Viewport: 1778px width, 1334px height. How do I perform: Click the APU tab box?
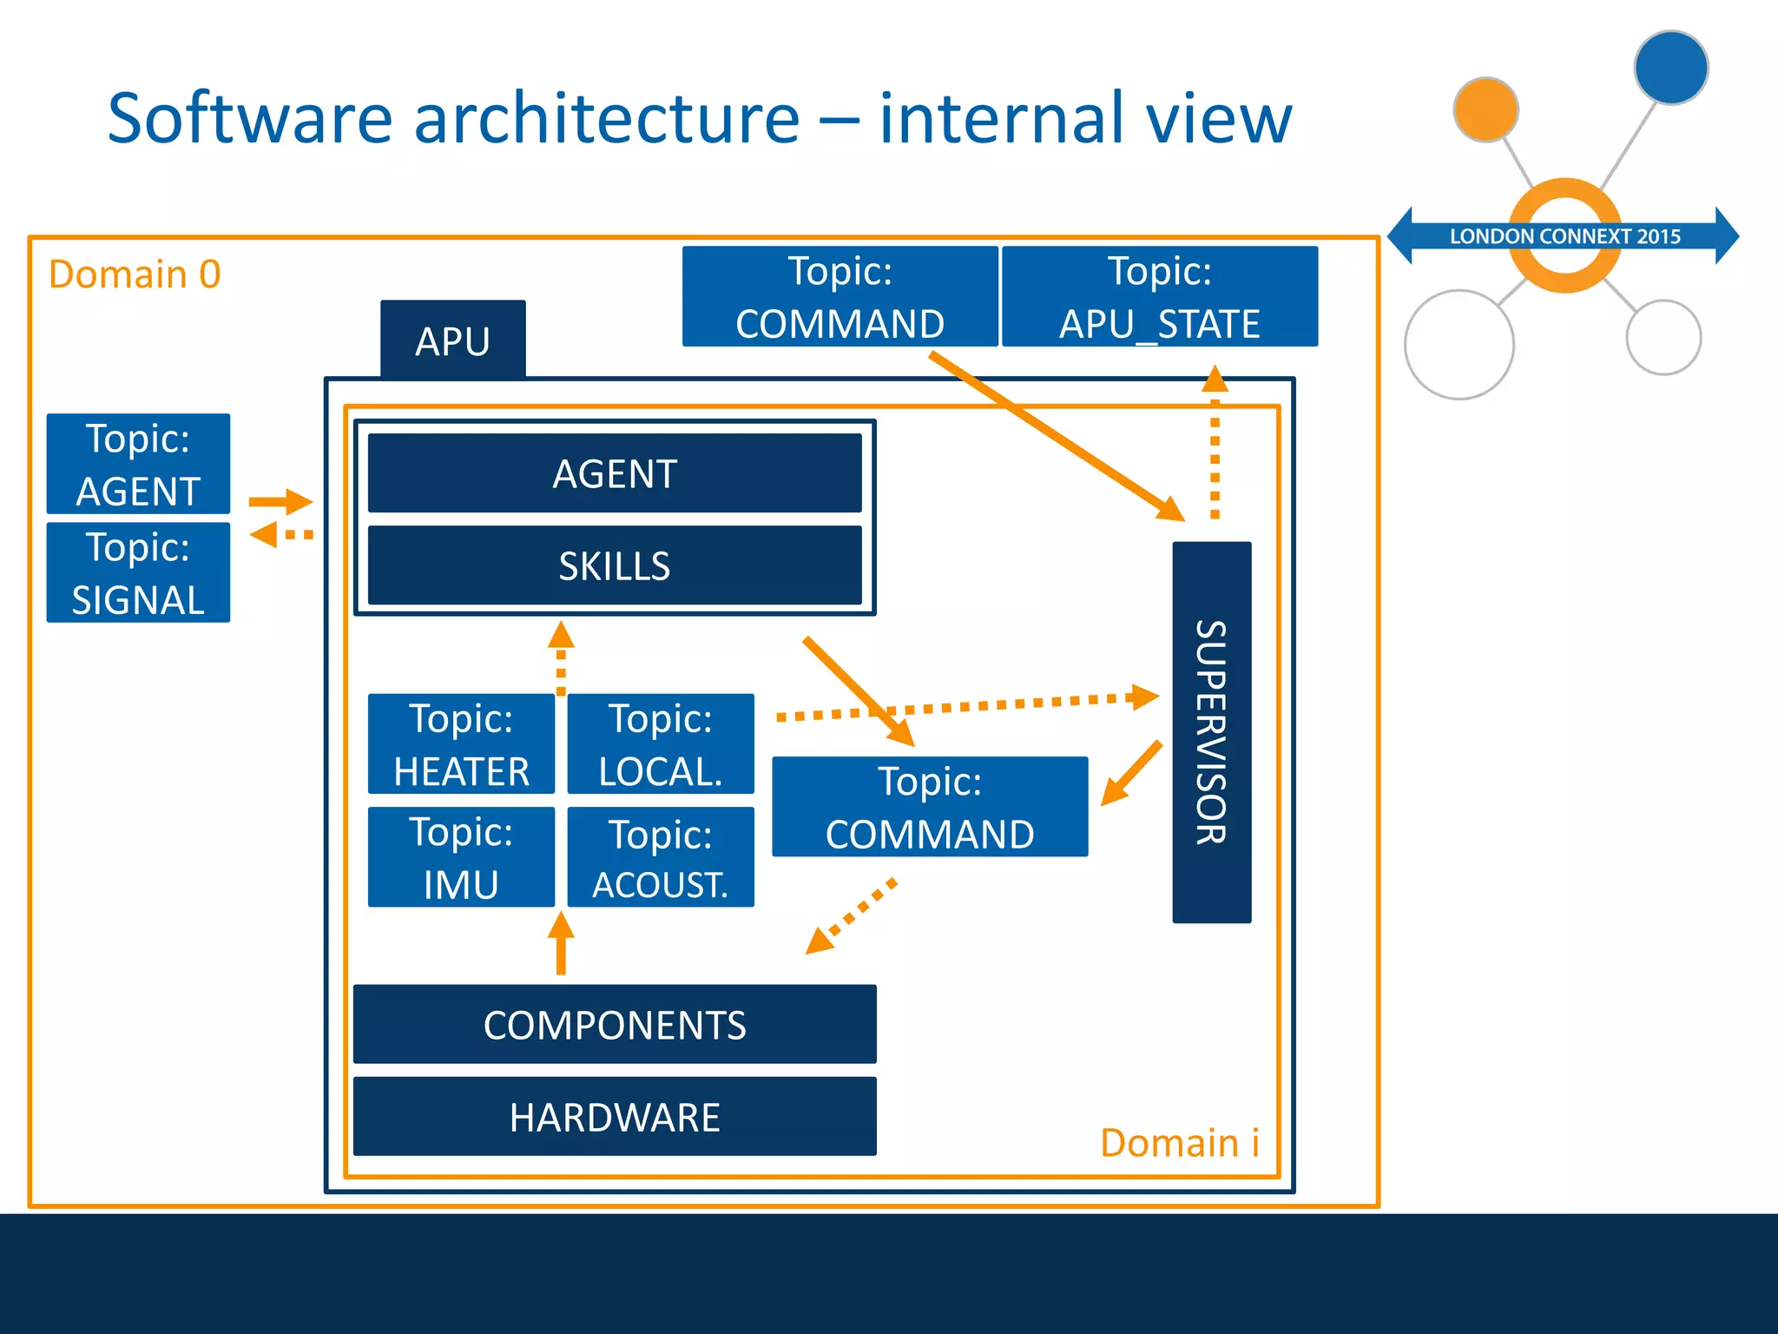pos(452,340)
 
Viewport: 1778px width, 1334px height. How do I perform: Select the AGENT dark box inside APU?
pos(615,473)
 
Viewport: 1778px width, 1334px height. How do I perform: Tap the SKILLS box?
pos(615,565)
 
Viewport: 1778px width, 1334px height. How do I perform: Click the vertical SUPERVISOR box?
pos(1211,731)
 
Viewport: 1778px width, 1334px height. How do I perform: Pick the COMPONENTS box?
pos(615,1024)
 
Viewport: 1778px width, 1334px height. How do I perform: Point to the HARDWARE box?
pos(615,1116)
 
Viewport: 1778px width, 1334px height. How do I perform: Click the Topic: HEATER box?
pos(461,743)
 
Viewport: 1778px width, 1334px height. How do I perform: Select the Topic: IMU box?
pos(461,857)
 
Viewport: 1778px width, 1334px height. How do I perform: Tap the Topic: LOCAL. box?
pos(661,743)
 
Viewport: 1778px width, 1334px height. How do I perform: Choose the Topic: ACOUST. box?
pos(661,857)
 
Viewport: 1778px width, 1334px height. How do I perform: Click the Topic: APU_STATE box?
pos(1160,296)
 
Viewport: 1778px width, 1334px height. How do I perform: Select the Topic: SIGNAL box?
pos(138,572)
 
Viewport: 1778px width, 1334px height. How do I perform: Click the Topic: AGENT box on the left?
pos(138,464)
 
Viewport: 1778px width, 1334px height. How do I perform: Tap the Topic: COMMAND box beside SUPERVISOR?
pos(930,807)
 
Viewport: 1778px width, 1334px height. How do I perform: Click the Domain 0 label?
pos(135,274)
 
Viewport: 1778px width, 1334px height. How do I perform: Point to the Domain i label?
pos(1179,1142)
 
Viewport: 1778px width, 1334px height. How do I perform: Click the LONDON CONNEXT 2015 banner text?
pos(1564,236)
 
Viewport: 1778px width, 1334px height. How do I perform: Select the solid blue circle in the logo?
pos(1670,68)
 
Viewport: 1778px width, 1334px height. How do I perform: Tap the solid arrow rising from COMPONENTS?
pos(561,944)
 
